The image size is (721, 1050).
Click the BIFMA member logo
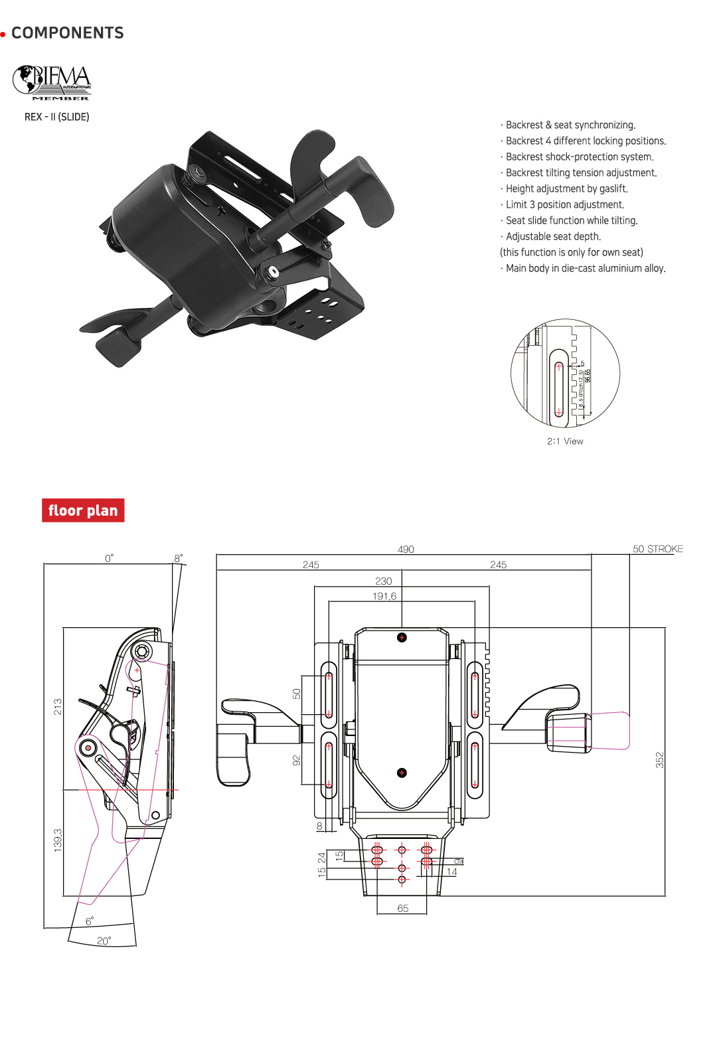(x=52, y=83)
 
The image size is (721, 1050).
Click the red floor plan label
(x=83, y=510)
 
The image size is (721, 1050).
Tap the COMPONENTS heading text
(x=68, y=33)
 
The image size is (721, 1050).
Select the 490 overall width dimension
(x=406, y=549)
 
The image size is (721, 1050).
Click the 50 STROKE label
(x=657, y=549)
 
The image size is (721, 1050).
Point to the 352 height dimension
(x=659, y=760)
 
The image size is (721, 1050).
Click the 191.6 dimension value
(x=384, y=596)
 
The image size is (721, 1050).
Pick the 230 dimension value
(x=384, y=581)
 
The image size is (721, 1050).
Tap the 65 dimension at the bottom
(x=403, y=908)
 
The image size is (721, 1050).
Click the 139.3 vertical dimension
(x=58, y=840)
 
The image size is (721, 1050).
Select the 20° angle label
(x=104, y=940)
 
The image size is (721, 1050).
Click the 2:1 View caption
(x=565, y=441)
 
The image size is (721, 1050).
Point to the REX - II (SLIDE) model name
(x=57, y=117)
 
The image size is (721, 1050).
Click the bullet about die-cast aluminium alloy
(x=585, y=268)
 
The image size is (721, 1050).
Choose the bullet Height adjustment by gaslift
(x=566, y=188)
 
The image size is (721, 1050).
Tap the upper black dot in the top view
(x=402, y=638)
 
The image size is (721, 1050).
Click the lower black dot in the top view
(x=402, y=773)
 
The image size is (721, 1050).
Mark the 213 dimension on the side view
(x=58, y=706)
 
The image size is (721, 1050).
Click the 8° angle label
(x=178, y=558)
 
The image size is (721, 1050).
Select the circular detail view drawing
(x=565, y=373)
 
